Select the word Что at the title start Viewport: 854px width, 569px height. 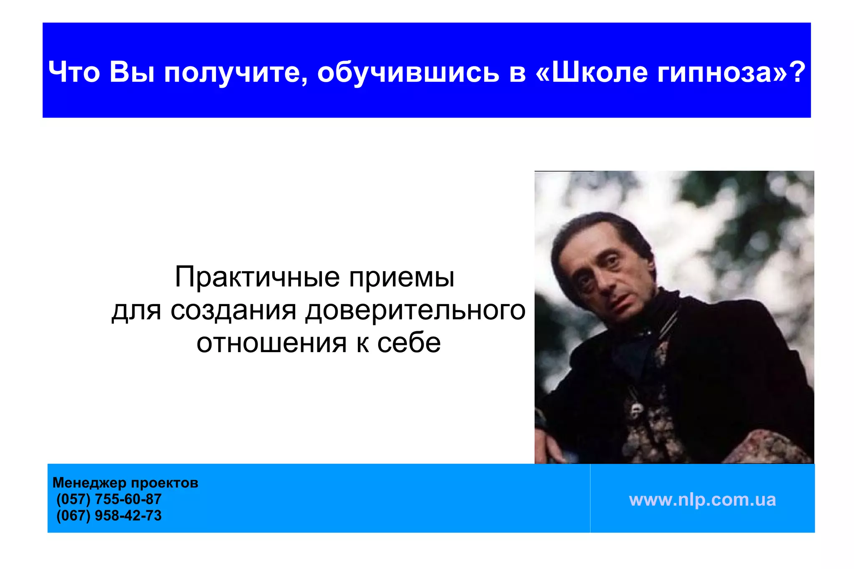pos(74,72)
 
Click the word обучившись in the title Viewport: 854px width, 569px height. pos(408,72)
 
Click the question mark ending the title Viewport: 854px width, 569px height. pos(797,72)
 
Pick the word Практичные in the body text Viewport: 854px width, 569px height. pos(257,277)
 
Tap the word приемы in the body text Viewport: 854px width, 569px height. pos(401,277)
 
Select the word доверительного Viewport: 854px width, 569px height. pos(415,310)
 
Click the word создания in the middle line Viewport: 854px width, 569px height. pos(233,310)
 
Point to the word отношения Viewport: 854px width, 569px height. pos(271,343)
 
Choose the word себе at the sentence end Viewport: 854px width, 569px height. pos(409,343)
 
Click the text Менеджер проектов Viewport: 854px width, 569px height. pos(125,483)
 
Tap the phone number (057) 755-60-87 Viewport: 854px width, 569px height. pos(109,499)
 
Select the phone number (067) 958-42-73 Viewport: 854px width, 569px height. pos(109,516)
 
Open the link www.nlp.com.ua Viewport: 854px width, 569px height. pos(702,499)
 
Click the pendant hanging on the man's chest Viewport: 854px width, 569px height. pos(637,408)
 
